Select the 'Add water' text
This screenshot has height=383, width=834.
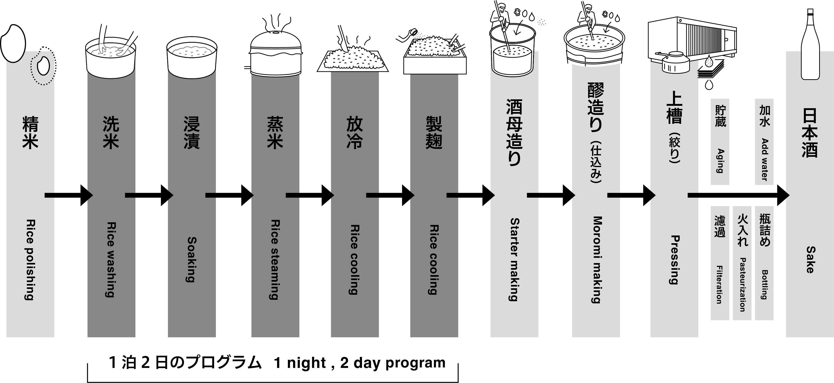[764, 160]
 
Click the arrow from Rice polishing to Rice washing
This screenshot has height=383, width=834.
[69, 195]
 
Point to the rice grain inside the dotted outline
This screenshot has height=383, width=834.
[43, 66]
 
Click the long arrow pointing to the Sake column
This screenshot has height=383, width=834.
[738, 195]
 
